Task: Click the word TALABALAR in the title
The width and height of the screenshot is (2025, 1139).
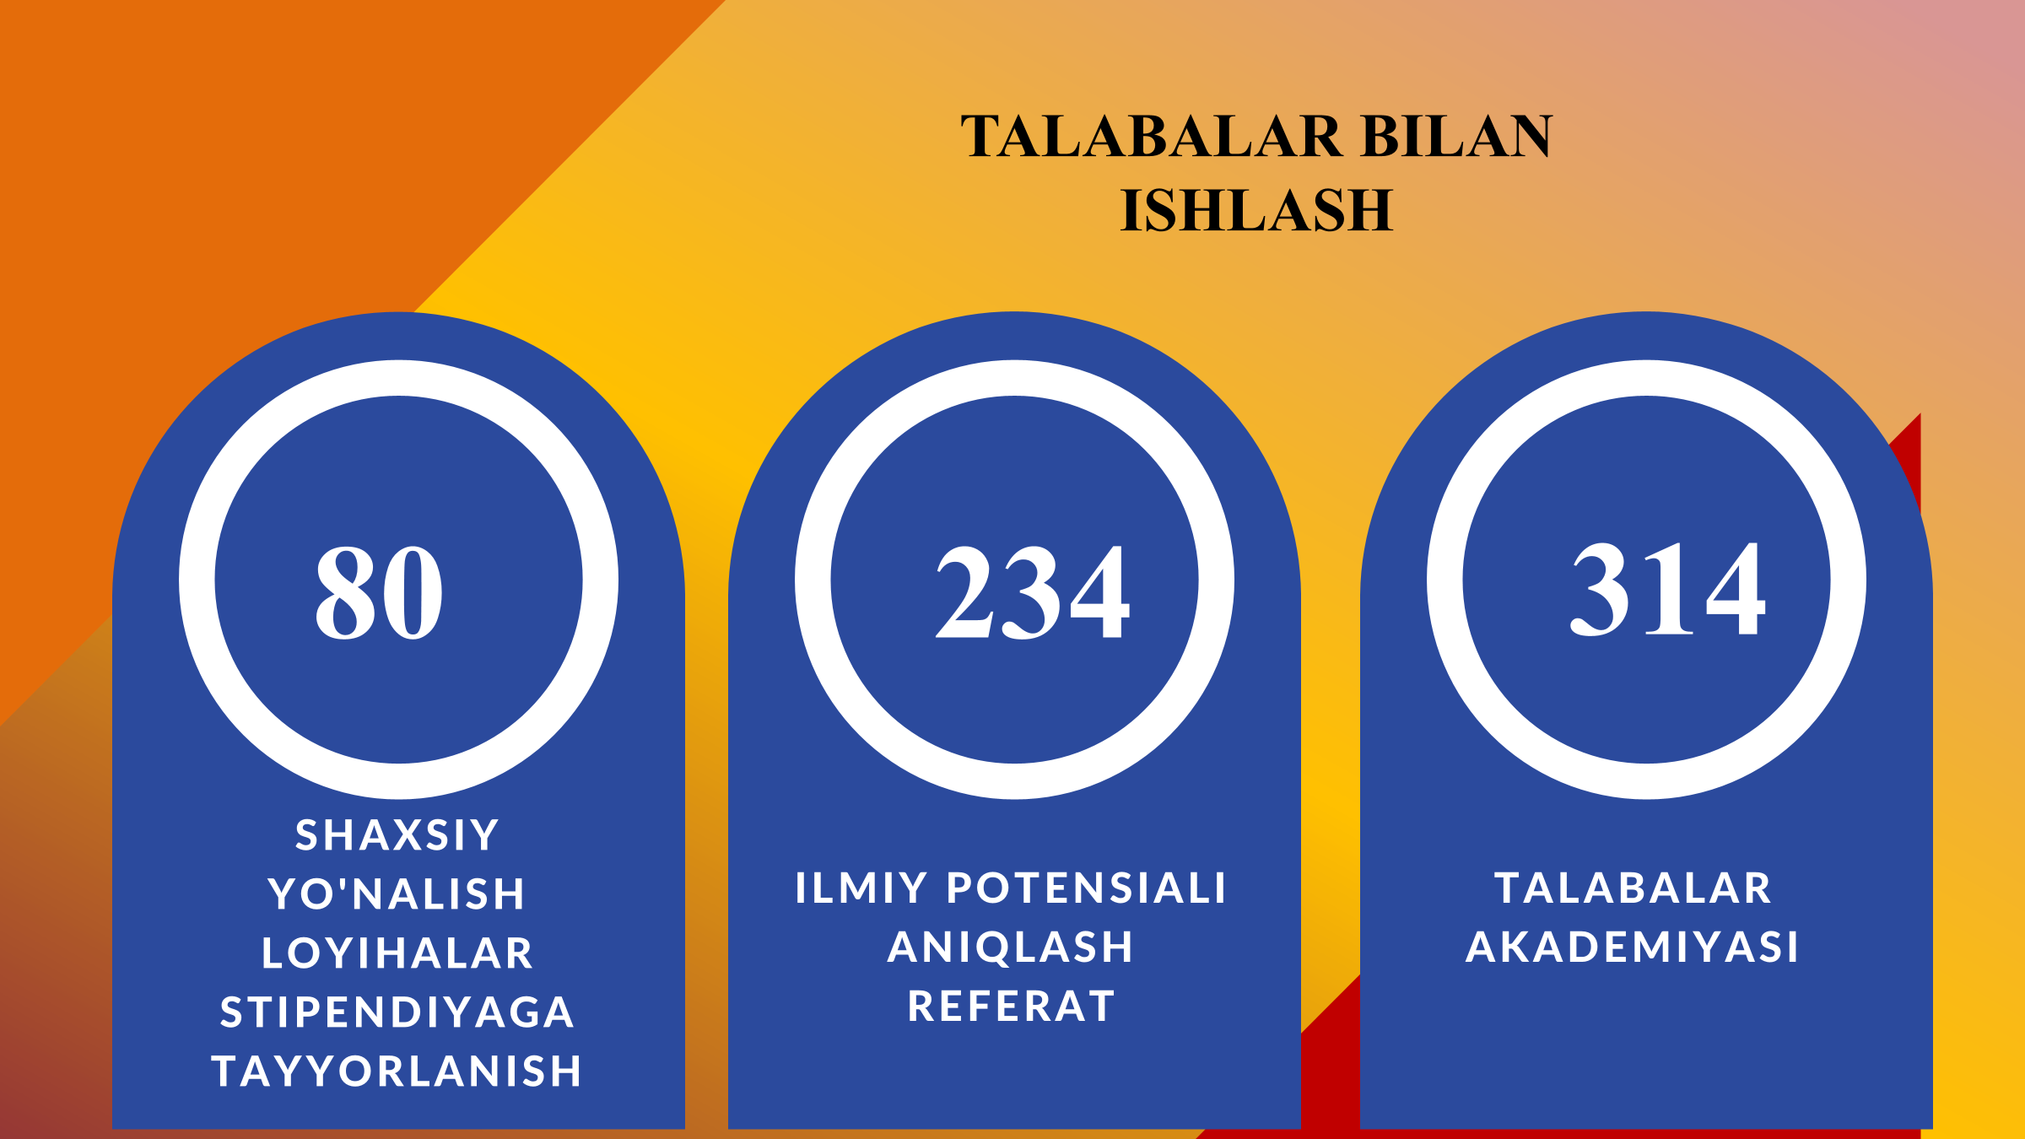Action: coord(1151,136)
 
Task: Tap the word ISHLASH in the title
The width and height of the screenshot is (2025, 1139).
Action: coord(1256,209)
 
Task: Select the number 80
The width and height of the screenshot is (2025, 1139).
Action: coord(379,591)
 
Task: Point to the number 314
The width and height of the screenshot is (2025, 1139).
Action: coord(1667,588)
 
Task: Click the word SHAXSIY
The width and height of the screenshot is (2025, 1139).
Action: coord(397,835)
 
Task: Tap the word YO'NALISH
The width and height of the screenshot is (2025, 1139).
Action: coord(397,893)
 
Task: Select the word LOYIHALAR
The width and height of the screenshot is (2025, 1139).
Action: coord(397,953)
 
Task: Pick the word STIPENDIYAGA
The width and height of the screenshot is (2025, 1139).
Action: coord(397,1012)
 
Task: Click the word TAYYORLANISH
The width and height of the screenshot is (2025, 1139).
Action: coord(397,1071)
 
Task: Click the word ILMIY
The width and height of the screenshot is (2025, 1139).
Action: coord(861,888)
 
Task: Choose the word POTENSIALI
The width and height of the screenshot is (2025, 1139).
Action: coord(1087,888)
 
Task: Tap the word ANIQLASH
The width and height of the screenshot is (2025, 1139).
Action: coord(1011,947)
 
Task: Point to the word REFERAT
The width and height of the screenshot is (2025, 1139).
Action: coord(1011,1006)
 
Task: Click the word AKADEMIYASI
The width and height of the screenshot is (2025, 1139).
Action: coord(1633,947)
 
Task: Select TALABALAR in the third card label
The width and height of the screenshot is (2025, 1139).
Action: coord(1633,888)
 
